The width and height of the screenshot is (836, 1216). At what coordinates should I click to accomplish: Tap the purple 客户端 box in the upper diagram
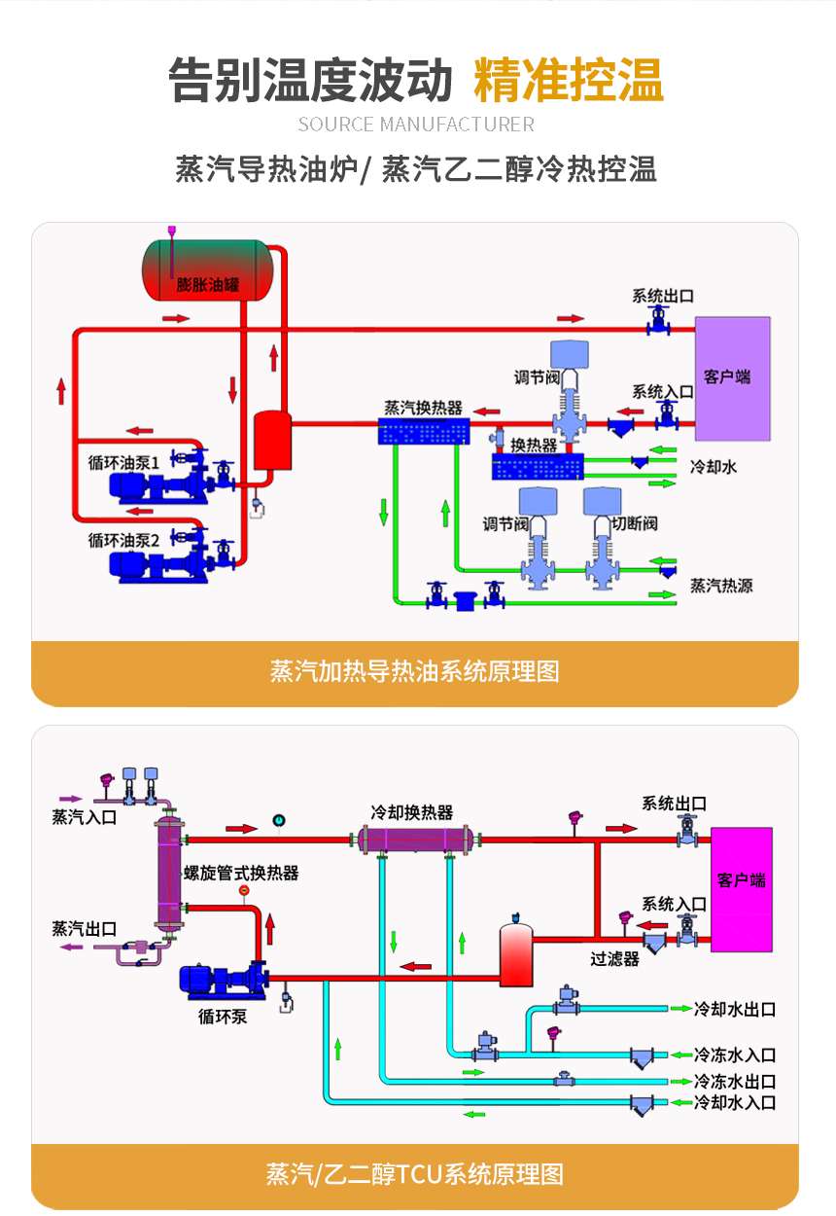[731, 377]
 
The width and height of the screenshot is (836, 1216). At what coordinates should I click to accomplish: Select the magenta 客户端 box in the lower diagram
[742, 888]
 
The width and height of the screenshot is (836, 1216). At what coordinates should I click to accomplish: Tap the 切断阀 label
[634, 523]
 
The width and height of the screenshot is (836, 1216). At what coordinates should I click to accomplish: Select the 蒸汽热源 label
[720, 586]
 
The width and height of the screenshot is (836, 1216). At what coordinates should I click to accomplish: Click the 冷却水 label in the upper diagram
[713, 467]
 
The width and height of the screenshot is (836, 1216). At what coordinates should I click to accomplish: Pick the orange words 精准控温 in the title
[569, 80]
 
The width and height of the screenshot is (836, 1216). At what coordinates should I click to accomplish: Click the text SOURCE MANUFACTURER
[416, 125]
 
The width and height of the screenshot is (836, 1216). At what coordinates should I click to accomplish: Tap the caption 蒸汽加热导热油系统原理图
[415, 671]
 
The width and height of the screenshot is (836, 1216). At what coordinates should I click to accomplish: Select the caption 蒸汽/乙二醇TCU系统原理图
[415, 1174]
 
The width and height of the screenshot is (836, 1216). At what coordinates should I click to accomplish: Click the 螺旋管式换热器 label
[241, 873]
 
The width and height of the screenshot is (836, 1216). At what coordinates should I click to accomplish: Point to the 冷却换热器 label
[411, 812]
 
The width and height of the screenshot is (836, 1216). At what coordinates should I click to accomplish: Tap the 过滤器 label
[614, 958]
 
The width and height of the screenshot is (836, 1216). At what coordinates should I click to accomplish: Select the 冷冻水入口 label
[735, 1055]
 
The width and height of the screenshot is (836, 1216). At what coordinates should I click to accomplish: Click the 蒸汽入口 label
[85, 817]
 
